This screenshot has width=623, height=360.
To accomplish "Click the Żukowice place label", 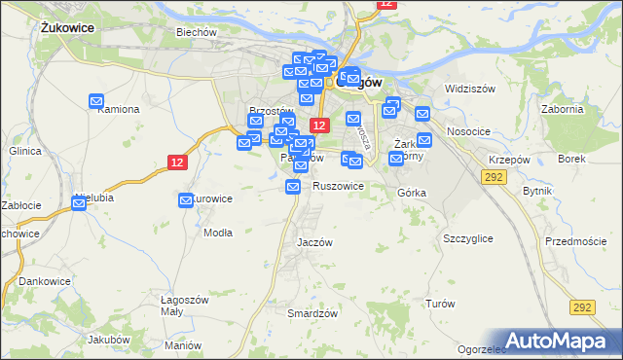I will (67, 28).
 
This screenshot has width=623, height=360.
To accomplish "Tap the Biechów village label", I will (195, 32).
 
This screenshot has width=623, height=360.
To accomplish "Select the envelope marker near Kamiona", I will (96, 100).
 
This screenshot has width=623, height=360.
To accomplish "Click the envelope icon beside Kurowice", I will (186, 200).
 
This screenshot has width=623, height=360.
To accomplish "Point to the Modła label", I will (217, 233).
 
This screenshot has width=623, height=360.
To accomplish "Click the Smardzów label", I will (312, 313).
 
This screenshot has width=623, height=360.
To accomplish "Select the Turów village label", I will (440, 304).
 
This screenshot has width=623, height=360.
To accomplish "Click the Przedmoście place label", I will (575, 241).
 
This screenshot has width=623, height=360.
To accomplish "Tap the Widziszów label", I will (470, 89).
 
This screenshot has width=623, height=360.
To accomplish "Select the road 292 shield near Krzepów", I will (493, 175).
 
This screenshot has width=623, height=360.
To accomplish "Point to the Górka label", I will (412, 193).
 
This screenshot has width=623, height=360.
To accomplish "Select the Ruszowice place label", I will (338, 186).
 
